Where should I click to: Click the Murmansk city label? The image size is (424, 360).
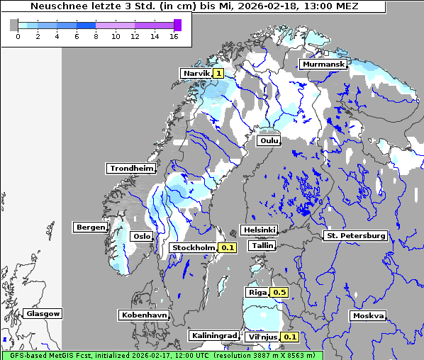[x=324, y=64]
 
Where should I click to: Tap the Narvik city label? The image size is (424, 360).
[x=196, y=73]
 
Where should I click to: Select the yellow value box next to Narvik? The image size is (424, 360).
[x=218, y=73]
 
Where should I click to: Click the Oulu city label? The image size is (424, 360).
[x=269, y=141]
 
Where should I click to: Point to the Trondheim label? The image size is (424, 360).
[x=130, y=169]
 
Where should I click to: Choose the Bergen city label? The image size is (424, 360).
[x=89, y=227]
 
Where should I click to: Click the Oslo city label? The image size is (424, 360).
[x=142, y=237]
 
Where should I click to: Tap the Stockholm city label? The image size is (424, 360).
[x=194, y=248]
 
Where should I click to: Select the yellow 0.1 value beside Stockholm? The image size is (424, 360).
[x=227, y=248]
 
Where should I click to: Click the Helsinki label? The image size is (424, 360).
[x=258, y=230]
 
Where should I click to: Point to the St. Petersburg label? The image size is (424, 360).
[x=355, y=235]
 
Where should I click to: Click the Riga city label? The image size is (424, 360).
[x=256, y=292]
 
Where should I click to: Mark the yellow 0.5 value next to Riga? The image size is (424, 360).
[x=279, y=292]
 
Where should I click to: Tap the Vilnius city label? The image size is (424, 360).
[x=262, y=337]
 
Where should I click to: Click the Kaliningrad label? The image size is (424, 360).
[x=213, y=335]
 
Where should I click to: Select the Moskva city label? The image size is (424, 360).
[x=368, y=316]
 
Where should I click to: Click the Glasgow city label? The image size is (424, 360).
[x=43, y=313]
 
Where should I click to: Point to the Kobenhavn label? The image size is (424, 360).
[x=143, y=314]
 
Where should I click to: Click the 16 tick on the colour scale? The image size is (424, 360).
[x=174, y=36]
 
